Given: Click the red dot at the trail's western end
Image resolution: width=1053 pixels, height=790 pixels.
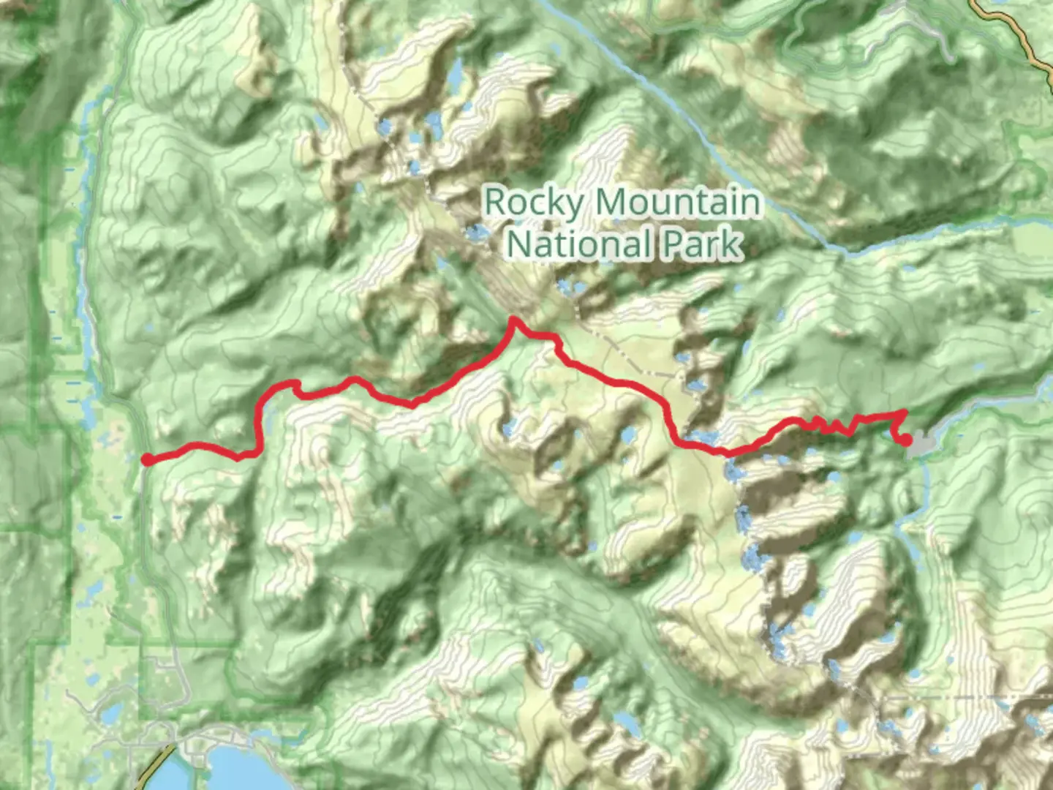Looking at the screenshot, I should (x=148, y=459).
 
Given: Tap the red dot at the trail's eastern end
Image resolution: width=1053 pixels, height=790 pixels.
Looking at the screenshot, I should (x=906, y=440).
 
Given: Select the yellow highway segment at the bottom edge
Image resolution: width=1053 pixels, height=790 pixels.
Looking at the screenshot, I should (x=155, y=768).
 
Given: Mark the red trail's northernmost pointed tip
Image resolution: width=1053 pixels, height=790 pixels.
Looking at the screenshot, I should (x=513, y=320).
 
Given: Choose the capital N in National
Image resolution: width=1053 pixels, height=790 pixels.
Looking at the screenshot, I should (x=520, y=244).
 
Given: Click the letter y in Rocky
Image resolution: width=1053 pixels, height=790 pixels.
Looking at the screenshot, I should (x=573, y=206).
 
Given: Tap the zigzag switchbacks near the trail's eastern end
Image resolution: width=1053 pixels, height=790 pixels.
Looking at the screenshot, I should (x=830, y=424).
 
